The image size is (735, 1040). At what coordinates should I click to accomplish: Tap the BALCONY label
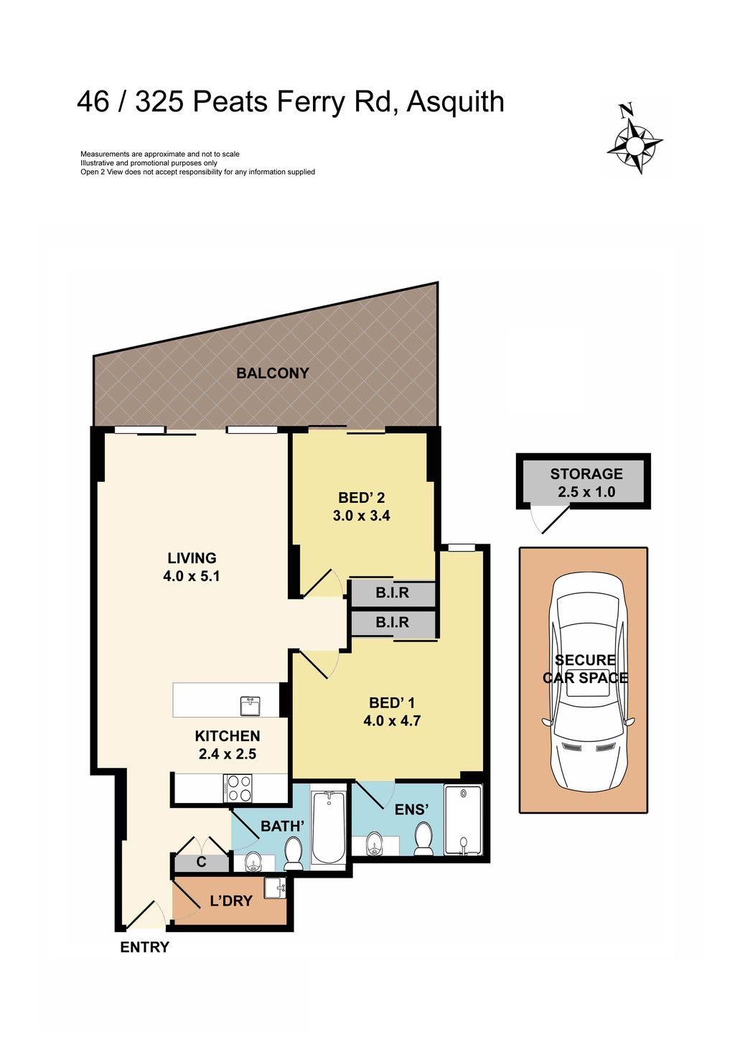273,373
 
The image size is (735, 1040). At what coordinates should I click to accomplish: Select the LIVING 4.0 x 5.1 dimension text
192,576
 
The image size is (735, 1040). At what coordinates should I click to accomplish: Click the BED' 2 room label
362,498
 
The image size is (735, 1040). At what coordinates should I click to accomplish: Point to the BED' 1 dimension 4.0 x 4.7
392,720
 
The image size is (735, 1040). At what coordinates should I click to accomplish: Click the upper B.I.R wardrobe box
393,593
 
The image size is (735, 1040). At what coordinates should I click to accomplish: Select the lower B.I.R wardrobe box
393,623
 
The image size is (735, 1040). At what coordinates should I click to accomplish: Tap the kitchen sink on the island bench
250,705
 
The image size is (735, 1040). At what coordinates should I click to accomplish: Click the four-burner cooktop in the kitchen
238,788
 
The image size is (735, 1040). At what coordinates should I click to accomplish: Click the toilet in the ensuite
423,838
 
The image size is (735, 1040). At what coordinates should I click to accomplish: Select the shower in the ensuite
463,820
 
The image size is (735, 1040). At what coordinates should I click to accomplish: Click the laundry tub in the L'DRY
275,888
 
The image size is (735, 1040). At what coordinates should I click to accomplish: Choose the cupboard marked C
202,862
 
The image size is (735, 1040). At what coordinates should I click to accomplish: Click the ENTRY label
144,947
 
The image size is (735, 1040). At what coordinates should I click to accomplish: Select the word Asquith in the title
455,102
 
